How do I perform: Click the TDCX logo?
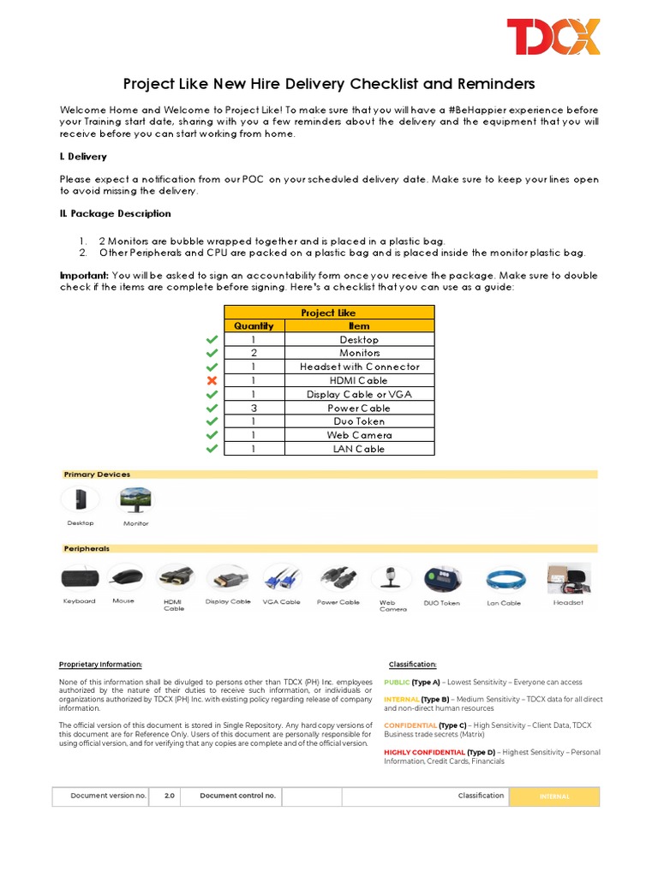click(x=553, y=37)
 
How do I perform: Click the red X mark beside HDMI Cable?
click(x=212, y=380)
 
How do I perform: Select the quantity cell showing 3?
click(x=254, y=408)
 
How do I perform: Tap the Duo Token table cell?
click(x=359, y=421)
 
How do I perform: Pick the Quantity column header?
click(x=254, y=325)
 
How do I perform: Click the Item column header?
click(x=359, y=325)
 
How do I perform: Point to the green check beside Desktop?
click(x=212, y=340)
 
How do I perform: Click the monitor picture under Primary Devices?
click(x=135, y=500)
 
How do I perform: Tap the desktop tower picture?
click(x=80, y=500)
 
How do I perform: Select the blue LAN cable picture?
click(x=504, y=581)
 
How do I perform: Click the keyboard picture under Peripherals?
click(x=80, y=579)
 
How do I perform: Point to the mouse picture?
click(x=125, y=577)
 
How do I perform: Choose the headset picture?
click(x=568, y=579)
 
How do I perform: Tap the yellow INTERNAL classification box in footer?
click(x=554, y=796)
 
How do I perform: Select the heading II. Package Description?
click(x=116, y=213)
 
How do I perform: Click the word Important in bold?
click(x=84, y=275)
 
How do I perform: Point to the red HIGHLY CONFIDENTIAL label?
click(x=424, y=752)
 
